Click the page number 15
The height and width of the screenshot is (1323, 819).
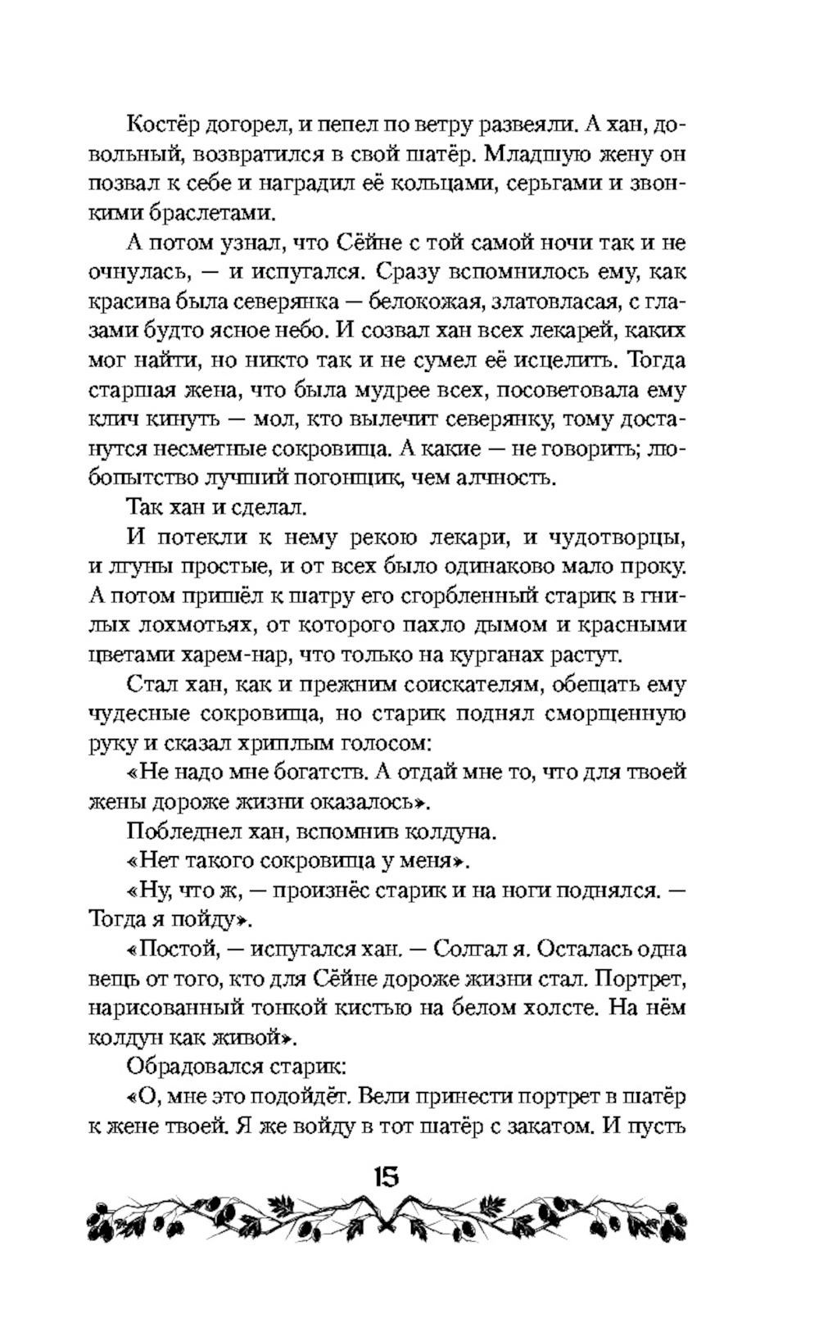pos(386,1177)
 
